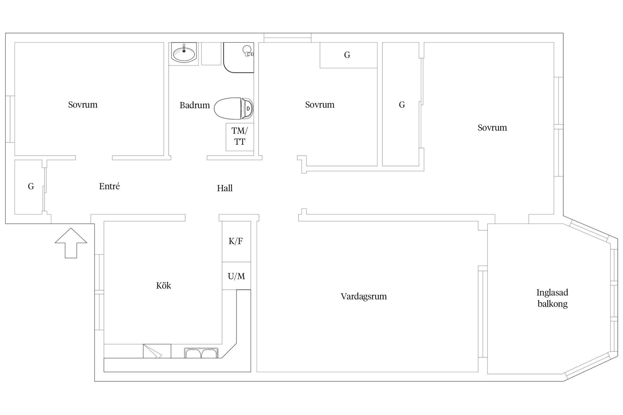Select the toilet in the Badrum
234,108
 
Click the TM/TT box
240,137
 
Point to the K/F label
236,241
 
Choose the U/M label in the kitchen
236,276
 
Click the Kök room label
164,286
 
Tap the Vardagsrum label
364,297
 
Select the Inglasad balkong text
552,298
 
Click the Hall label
225,188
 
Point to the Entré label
109,186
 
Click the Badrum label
195,105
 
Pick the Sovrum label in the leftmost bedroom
83,105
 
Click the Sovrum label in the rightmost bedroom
492,128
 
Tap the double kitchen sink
202,353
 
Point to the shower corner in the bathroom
238,57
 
